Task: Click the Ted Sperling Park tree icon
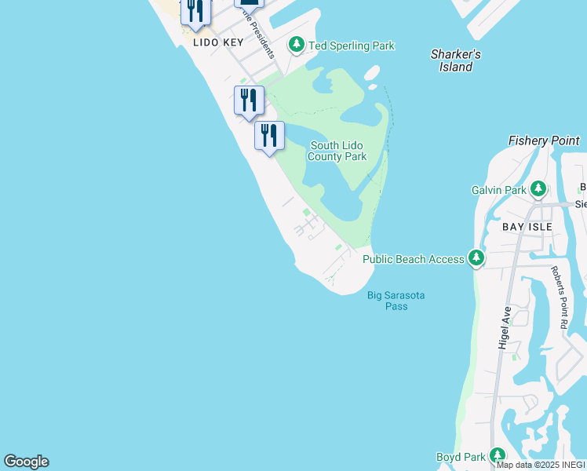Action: point(297,45)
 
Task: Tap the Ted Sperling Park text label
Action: point(351,46)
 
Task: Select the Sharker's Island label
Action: point(455,60)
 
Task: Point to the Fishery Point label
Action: point(544,141)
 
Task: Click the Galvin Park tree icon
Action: point(538,189)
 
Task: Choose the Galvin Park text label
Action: point(498,190)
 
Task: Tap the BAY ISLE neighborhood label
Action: point(527,226)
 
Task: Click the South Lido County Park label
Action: point(338,151)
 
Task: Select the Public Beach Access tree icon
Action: point(476,257)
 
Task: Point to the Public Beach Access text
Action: point(414,259)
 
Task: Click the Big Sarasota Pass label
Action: point(396,301)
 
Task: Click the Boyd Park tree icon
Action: point(497,455)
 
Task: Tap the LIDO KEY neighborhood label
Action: point(219,42)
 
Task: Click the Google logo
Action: point(26,462)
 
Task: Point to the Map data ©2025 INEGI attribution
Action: point(541,465)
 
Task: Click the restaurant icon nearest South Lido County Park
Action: point(269,135)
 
